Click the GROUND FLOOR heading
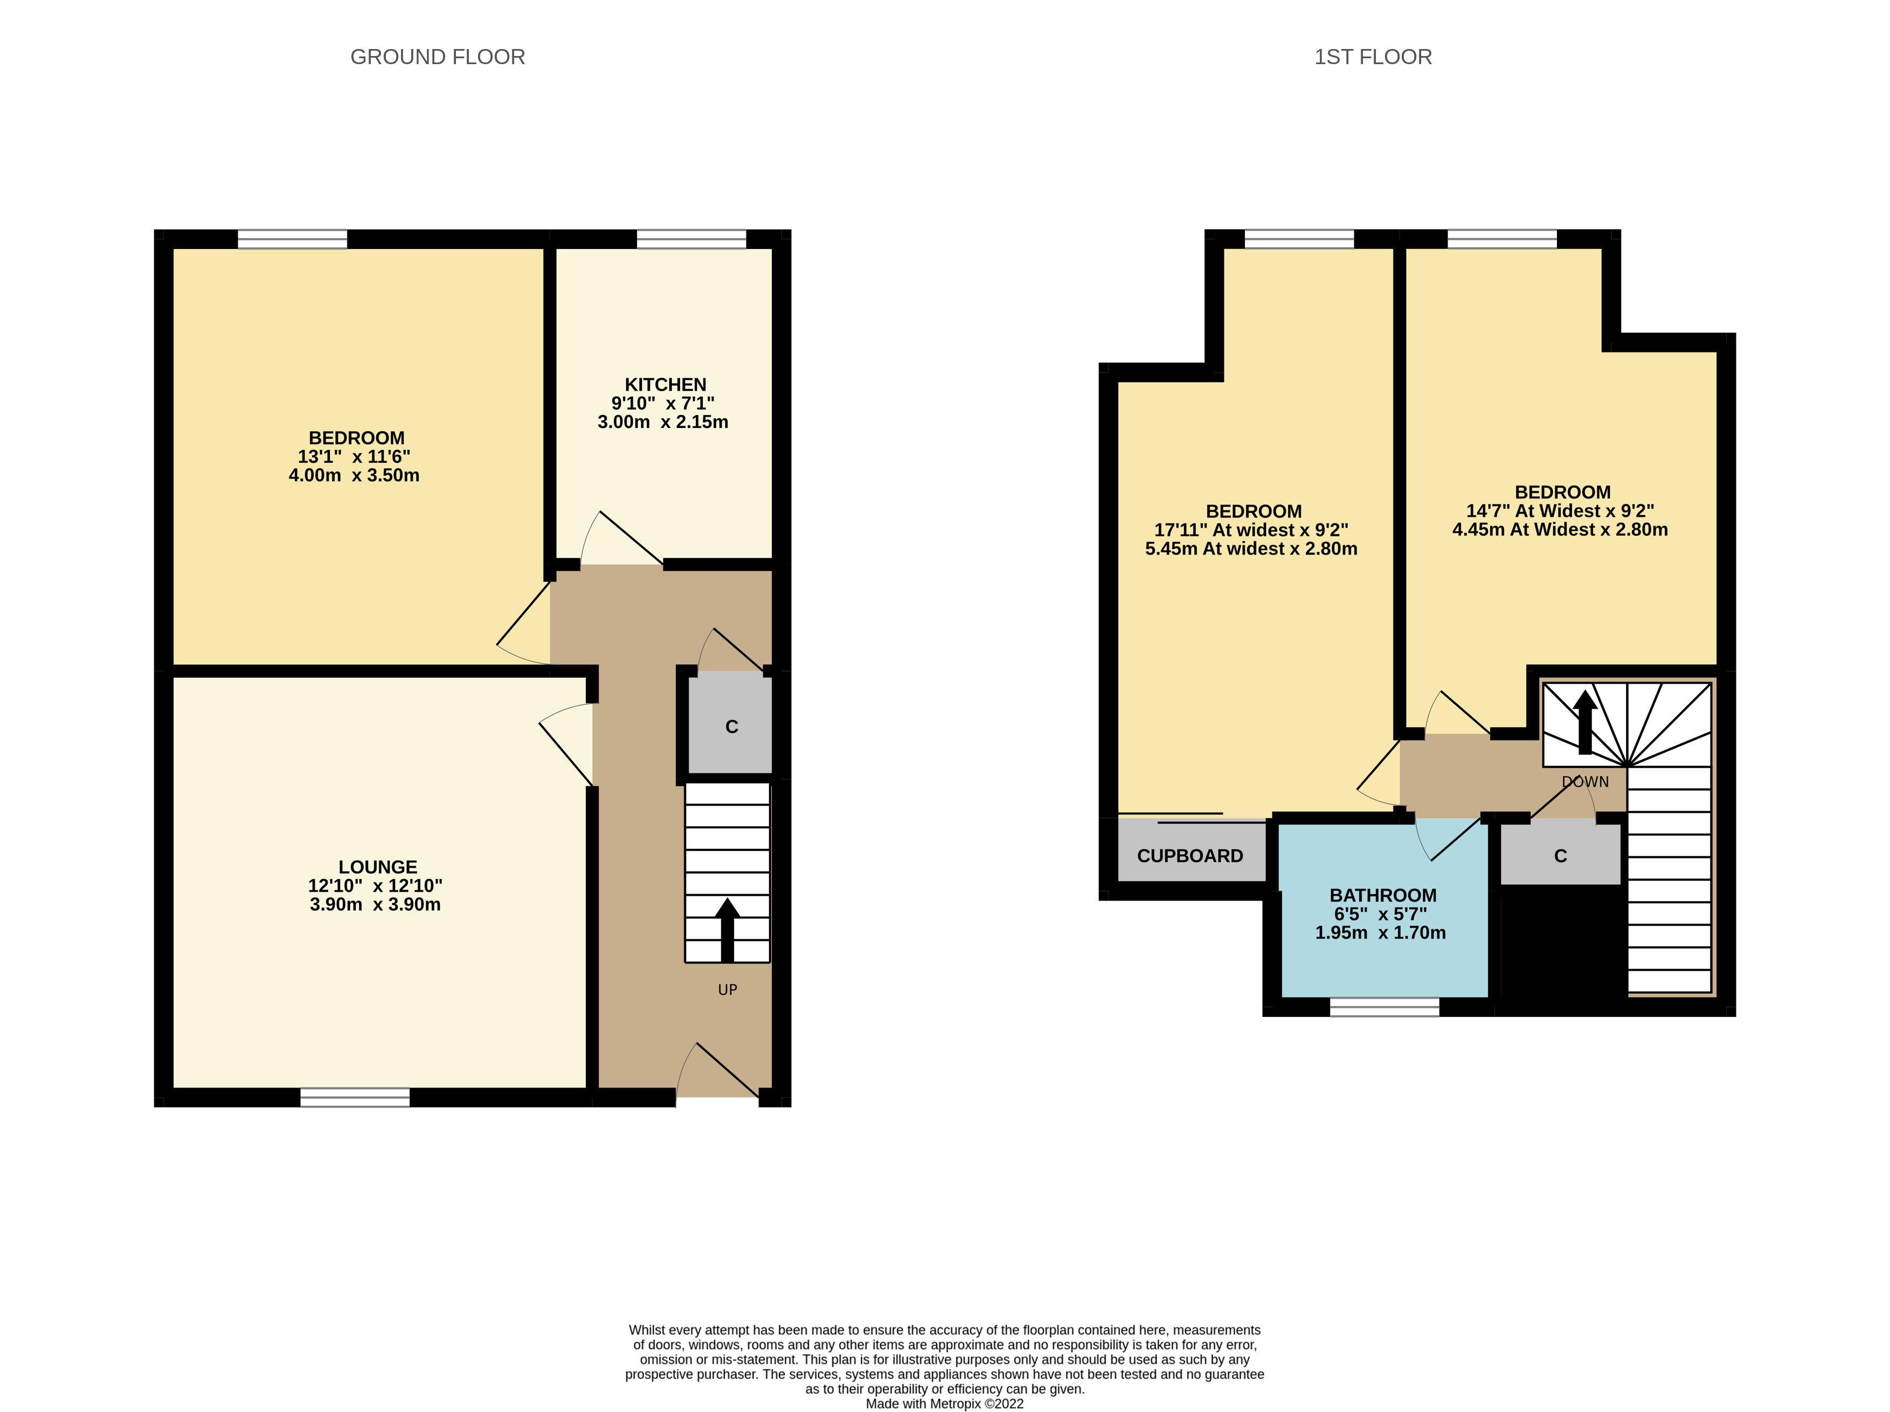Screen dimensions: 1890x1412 click(438, 57)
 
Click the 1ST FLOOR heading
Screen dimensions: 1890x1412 click(1373, 57)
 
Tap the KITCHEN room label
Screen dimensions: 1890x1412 click(666, 384)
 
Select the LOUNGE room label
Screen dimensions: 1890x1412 click(378, 867)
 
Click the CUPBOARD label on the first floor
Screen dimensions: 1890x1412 click(1190, 856)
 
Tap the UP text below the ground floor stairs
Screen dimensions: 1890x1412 click(727, 990)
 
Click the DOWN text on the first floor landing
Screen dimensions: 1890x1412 click(1585, 781)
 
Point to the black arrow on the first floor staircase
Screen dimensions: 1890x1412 click(1585, 722)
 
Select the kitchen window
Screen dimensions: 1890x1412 click(691, 239)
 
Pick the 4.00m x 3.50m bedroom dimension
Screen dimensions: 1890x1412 click(354, 476)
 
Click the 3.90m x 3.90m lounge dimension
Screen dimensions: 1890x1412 click(375, 905)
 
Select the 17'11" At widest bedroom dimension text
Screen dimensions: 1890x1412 click(1251, 530)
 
